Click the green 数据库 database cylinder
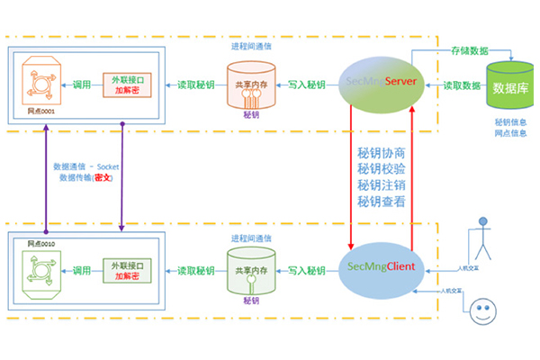coord(510,86)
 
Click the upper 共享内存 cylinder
coord(251,84)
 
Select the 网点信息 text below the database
coord(510,133)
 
